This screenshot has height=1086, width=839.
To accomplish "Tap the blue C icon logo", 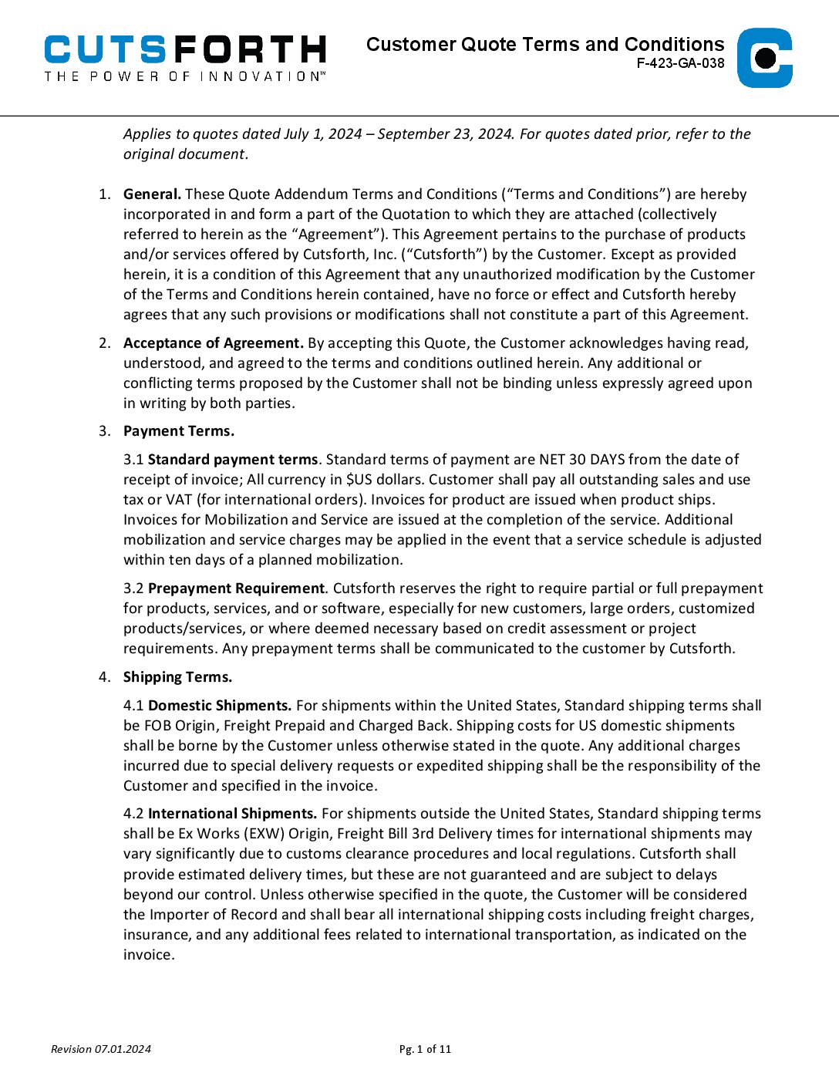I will click(x=764, y=58).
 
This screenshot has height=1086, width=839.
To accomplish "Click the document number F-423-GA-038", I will click(x=680, y=64).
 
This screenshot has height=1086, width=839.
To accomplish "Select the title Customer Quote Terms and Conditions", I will click(x=545, y=44).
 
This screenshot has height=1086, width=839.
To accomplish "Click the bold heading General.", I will click(x=152, y=194).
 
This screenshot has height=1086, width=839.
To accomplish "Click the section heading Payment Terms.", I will click(x=179, y=431).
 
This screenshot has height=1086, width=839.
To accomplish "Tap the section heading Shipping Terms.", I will click(x=177, y=677).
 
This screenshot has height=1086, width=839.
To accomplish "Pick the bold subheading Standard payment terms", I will click(x=232, y=460).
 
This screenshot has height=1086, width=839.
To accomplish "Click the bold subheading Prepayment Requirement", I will click(x=236, y=589).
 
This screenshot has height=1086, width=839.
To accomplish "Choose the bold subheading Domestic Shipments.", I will click(x=220, y=706).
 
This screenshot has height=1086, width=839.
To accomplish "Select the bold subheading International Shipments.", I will click(x=232, y=814).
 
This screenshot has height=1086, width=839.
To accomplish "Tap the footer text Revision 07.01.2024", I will click(x=101, y=1049).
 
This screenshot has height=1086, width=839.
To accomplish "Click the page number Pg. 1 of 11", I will click(x=425, y=1049).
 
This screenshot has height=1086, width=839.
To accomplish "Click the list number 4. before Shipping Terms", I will click(x=104, y=677).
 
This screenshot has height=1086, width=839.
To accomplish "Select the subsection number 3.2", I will click(x=133, y=589).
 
